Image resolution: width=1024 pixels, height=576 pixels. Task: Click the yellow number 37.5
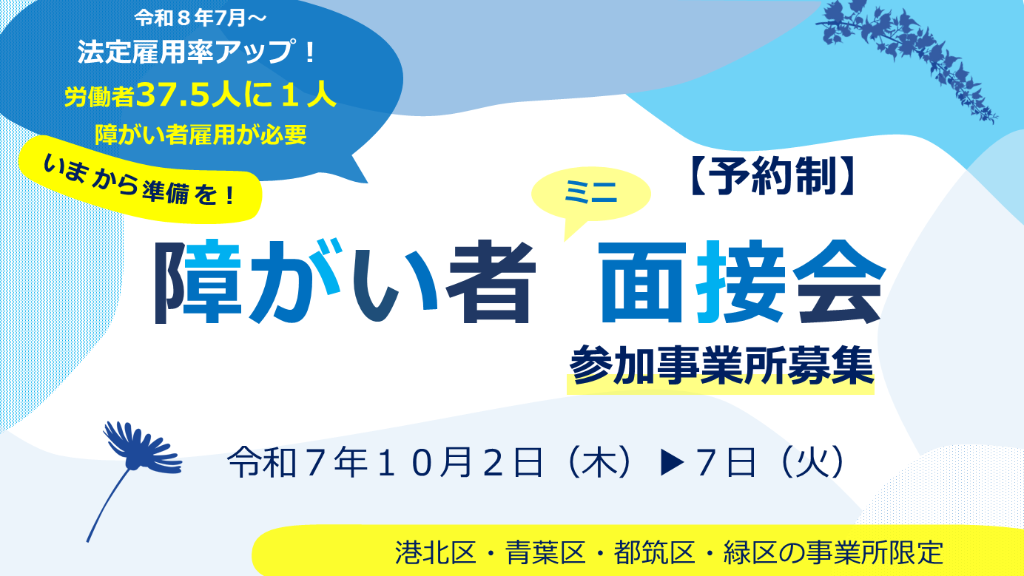(x=172, y=95)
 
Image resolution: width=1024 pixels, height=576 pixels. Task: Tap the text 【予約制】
(x=771, y=176)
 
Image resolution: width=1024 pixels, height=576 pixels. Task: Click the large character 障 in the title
(x=198, y=281)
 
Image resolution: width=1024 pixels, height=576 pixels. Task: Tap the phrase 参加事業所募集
(x=721, y=366)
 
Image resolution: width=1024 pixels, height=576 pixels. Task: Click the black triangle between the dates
(x=672, y=463)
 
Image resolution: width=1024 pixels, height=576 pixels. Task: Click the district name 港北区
(x=435, y=552)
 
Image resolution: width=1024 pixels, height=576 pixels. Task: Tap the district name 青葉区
(x=545, y=552)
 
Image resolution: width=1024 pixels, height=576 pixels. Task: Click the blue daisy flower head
(x=142, y=447)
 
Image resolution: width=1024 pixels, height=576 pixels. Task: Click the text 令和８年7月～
(x=201, y=18)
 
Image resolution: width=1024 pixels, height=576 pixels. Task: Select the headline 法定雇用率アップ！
(x=197, y=52)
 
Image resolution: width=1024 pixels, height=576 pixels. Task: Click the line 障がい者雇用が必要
(x=201, y=135)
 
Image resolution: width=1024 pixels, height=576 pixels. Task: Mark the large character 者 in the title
(x=490, y=281)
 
